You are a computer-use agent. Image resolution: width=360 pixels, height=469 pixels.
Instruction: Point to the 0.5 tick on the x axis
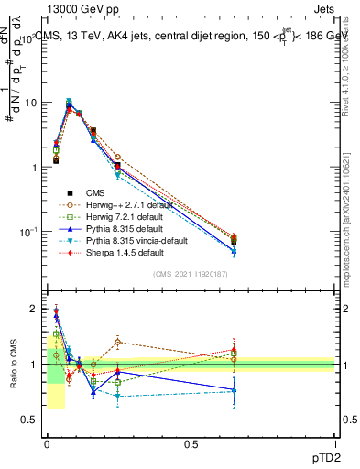point(191,443)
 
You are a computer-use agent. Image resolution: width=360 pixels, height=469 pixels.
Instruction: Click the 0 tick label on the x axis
point(47,443)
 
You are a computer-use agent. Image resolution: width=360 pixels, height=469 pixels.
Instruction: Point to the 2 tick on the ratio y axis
point(34,309)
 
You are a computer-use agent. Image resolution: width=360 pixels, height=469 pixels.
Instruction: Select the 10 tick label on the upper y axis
point(29,103)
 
